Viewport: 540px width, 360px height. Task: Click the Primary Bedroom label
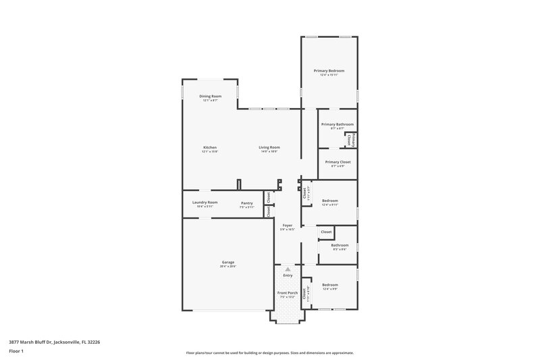[x=329, y=70]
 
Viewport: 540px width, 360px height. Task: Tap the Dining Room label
[x=210, y=96]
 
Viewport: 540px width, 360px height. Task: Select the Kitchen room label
[x=210, y=147]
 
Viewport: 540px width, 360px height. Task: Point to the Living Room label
[x=269, y=147]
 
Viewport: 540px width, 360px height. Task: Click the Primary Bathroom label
[x=337, y=124]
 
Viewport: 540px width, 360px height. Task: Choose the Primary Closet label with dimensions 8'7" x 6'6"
[x=337, y=162]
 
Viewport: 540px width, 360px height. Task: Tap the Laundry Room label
[x=205, y=202]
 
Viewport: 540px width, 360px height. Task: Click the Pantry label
[x=246, y=202]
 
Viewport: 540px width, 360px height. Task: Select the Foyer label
[x=287, y=226]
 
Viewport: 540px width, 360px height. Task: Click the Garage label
[x=227, y=262]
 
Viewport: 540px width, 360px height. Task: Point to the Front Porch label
[x=288, y=292]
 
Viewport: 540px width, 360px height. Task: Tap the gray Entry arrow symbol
[x=288, y=269]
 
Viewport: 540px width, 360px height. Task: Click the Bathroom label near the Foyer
[x=340, y=245]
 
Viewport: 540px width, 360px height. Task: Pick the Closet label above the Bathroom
[x=326, y=232]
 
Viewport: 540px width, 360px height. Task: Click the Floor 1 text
[x=16, y=351]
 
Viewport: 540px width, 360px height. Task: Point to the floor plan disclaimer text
[x=269, y=353]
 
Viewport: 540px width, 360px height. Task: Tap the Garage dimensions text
[x=227, y=266]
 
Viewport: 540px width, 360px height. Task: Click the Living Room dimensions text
[x=269, y=151]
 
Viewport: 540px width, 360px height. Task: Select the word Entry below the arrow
[x=288, y=275]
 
